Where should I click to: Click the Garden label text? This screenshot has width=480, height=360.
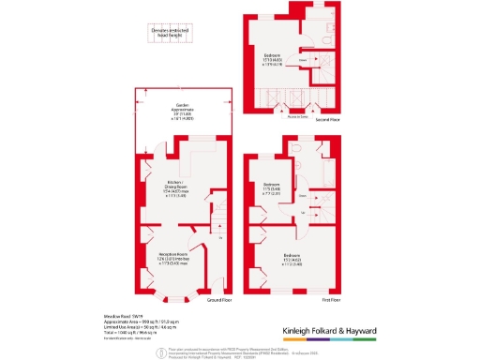coord(184,110)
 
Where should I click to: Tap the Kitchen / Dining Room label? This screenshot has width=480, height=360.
coord(173,189)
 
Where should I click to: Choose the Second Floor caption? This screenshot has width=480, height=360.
coord(326,120)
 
